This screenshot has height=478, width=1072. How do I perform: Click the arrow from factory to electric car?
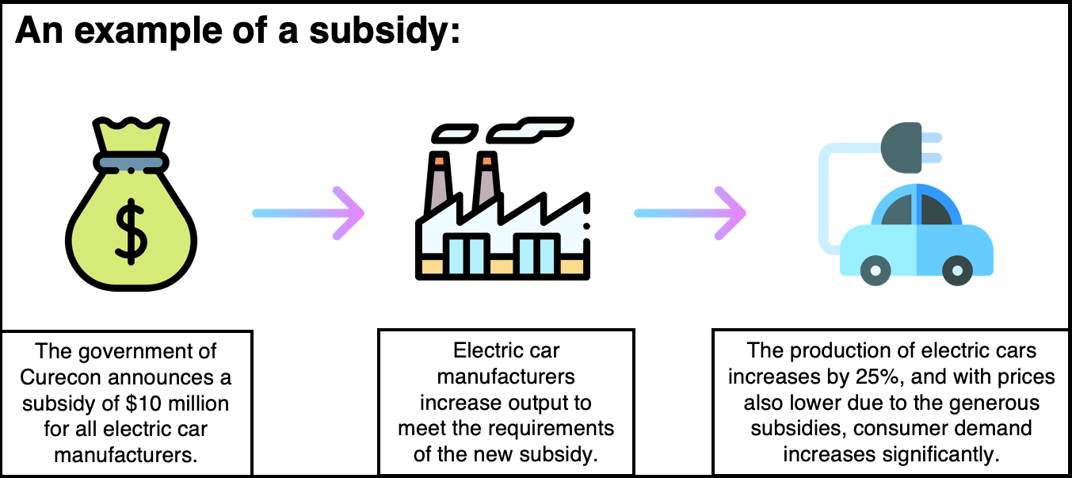coord(690,213)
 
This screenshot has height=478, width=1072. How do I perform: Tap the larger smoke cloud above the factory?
coord(529,127)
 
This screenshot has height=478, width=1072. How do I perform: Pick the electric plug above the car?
coord(903,147)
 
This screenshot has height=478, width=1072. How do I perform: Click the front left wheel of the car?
coord(876,272)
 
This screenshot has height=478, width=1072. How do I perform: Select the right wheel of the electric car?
coord(957,272)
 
